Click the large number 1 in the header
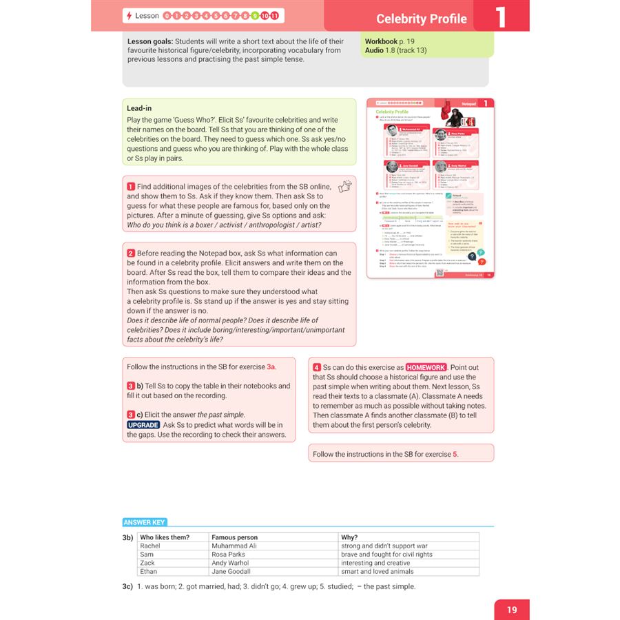click(501, 17)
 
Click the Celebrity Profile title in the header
click(421, 19)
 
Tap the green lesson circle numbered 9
click(255, 15)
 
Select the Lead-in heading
click(139, 108)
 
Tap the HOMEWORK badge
click(426, 367)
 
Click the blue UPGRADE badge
click(143, 425)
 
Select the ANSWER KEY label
click(145, 522)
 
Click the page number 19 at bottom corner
click(511, 610)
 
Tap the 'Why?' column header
click(349, 537)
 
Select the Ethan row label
click(148, 571)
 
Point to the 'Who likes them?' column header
click(165, 537)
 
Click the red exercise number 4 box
click(316, 367)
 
